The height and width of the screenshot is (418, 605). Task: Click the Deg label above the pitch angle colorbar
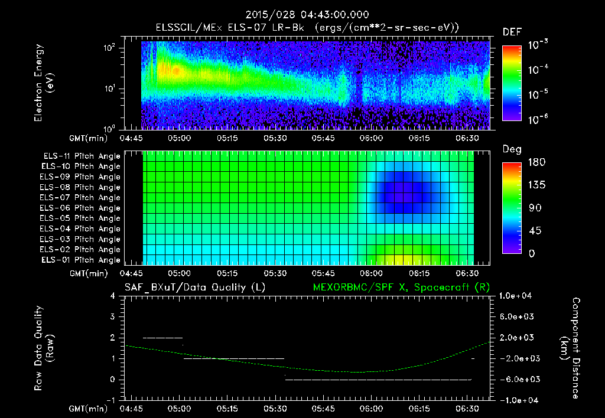point(512,149)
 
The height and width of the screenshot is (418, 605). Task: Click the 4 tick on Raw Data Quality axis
point(113,296)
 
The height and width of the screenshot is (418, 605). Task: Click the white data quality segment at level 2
point(163,338)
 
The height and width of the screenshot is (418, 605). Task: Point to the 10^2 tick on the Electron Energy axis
point(110,48)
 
